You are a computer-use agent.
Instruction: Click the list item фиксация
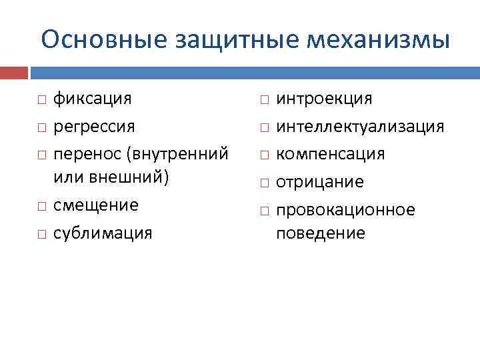(x=92, y=99)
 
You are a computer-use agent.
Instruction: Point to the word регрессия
(x=94, y=126)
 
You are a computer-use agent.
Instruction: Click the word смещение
(x=96, y=205)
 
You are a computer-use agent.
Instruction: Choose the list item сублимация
(x=103, y=233)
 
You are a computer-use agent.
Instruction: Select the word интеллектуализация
(x=360, y=126)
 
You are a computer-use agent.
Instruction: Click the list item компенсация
(x=331, y=154)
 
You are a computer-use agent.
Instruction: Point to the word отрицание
(x=320, y=182)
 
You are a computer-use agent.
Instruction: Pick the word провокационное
(x=345, y=210)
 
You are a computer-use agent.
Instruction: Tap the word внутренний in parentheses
(x=178, y=154)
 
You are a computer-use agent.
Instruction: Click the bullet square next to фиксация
(x=41, y=100)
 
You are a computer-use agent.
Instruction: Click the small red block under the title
(x=14, y=72)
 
